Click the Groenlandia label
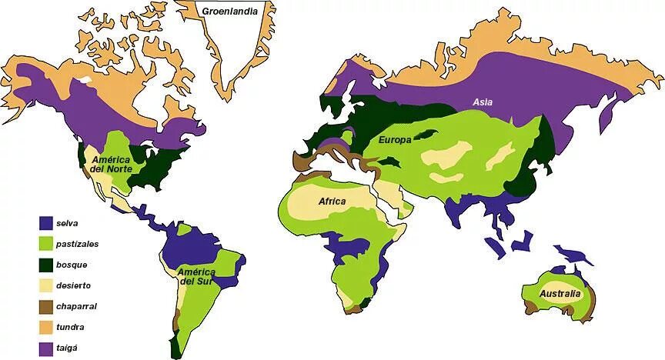[x=229, y=11]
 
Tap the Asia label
[x=483, y=102]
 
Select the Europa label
[x=396, y=141]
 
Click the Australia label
[x=560, y=295]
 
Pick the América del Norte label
[x=111, y=164]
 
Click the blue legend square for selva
[x=46, y=223]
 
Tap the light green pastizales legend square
[x=46, y=244]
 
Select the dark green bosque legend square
[x=46, y=265]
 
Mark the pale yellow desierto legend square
[x=46, y=285]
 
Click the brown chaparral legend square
[x=46, y=306]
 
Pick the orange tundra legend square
[x=46, y=327]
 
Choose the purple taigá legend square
[x=46, y=348]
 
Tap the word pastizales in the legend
[x=78, y=244]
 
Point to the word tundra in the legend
[x=71, y=327]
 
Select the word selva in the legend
[x=69, y=223]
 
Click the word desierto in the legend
[x=74, y=285]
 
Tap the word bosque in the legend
[x=72, y=265]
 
